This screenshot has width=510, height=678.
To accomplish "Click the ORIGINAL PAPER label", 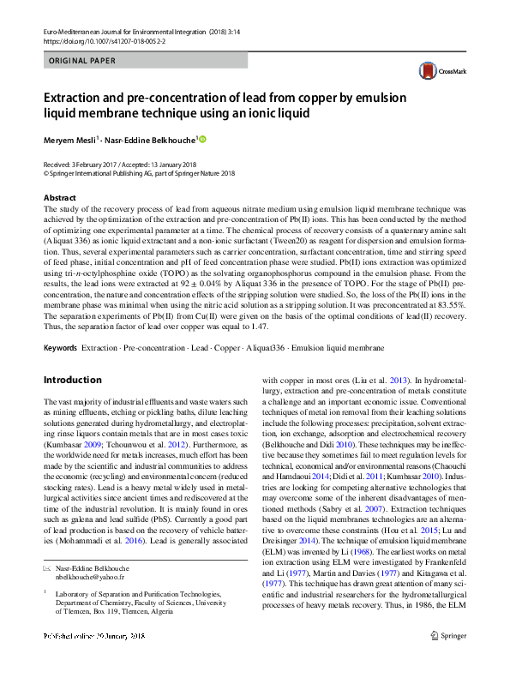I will coord(81,61).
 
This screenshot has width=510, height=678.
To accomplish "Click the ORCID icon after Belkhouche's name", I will coord(203,139).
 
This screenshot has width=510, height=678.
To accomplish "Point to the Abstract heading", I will coord(60,198).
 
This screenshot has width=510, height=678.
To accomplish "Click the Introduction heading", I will coord(72,380).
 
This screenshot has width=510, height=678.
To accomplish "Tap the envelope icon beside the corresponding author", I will coord(47,567).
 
